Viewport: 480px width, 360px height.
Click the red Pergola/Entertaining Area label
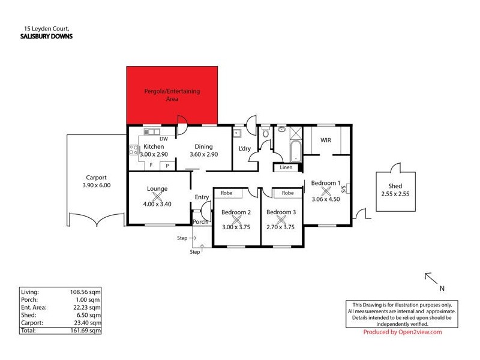(172, 95)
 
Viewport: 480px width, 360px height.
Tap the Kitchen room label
(154, 146)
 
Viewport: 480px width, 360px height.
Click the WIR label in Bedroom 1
(326, 141)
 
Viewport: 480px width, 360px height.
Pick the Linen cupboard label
(286, 167)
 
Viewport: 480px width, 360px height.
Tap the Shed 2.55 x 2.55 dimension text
(395, 194)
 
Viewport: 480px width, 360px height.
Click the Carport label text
(95, 178)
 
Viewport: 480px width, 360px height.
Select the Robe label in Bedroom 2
(227, 193)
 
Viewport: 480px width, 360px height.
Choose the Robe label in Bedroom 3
(288, 193)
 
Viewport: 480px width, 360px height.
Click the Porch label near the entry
(200, 222)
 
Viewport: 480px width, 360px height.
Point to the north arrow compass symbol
(430, 278)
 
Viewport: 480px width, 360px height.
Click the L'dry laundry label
(245, 148)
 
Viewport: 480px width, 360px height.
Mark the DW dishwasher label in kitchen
(163, 139)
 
